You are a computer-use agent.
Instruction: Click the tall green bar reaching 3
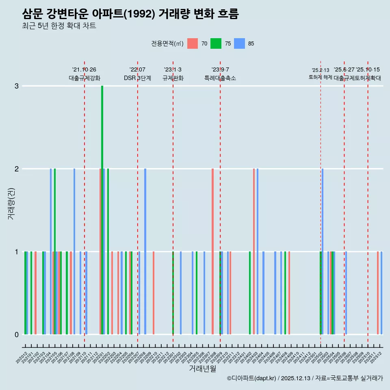(102, 210)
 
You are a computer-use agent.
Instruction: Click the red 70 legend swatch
(192, 44)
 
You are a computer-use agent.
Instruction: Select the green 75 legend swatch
(216, 44)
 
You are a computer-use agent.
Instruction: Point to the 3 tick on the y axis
(16, 86)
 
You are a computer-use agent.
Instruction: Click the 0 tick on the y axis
(16, 334)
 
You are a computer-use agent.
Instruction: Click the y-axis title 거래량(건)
(11, 203)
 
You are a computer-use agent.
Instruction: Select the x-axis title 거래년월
(202, 368)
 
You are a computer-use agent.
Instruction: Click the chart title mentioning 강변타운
(130, 14)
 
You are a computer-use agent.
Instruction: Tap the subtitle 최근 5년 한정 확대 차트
(59, 26)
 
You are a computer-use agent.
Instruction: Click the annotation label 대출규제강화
(84, 78)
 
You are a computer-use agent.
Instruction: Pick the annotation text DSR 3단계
(137, 78)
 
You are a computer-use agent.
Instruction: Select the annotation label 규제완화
(173, 78)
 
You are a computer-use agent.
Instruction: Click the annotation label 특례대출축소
(220, 78)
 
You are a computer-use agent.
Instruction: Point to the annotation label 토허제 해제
(320, 77)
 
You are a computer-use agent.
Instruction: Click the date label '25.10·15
(368, 70)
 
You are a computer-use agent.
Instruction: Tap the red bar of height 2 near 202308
(212, 251)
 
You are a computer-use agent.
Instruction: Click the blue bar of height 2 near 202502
(323, 251)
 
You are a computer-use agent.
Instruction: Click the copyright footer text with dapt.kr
(305, 378)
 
